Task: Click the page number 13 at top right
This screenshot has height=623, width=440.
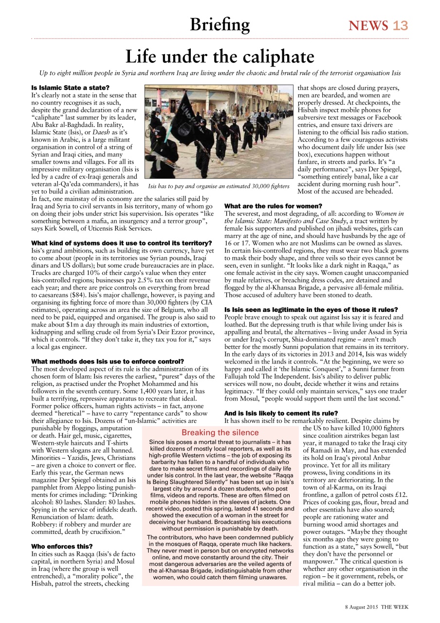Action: pos(400,25)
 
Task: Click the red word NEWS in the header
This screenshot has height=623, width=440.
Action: pos(368,25)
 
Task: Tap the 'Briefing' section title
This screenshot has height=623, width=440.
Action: pos(220,24)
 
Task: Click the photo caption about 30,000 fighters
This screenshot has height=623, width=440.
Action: pos(219,186)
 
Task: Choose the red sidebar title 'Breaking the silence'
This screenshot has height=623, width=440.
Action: pos(220,432)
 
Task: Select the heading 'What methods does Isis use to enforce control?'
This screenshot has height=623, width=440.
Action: pos(108,361)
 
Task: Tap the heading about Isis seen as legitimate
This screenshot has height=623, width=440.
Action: pos(311,310)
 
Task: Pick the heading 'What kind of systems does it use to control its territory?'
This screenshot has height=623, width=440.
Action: pos(121,243)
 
